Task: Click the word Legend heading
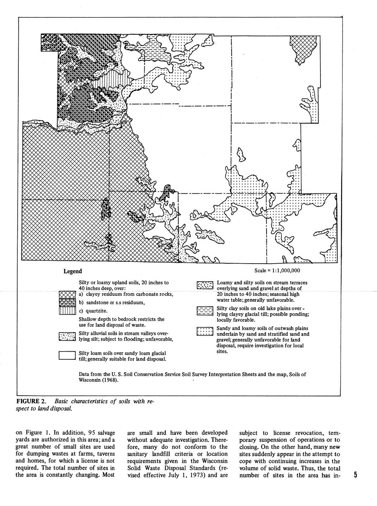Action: pyautogui.click(x=73, y=271)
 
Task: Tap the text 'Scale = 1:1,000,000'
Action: pyautogui.click(x=277, y=271)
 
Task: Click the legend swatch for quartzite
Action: pyautogui.click(x=67, y=311)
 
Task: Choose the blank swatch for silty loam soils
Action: pyautogui.click(x=67, y=355)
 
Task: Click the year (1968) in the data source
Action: pyautogui.click(x=110, y=380)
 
